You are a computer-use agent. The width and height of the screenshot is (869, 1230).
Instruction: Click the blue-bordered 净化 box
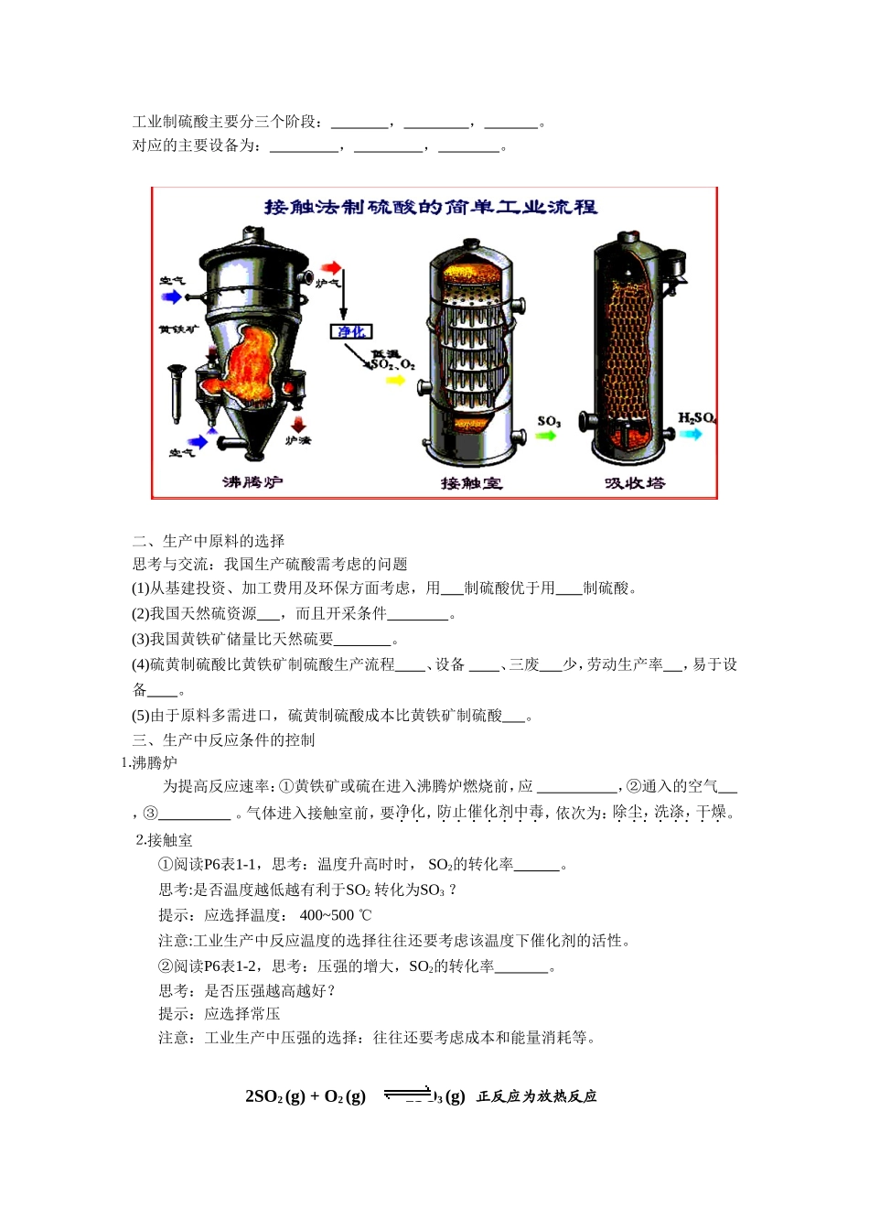coord(351,331)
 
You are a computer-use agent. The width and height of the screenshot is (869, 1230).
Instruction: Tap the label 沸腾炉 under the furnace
coord(252,481)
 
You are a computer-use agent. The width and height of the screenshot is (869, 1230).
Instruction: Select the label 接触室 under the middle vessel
coord(471,482)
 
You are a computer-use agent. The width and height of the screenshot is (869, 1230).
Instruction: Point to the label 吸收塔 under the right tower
coord(635,482)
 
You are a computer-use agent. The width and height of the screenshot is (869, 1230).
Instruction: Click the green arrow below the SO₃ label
coord(546,436)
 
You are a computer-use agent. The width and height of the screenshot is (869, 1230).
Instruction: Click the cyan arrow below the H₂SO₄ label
coord(692,434)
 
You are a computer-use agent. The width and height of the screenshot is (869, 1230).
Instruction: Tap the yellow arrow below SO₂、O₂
coord(395,379)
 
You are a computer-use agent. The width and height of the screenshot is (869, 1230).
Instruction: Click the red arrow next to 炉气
coord(331,268)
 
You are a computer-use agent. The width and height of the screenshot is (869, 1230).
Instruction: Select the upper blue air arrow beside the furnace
coord(171,297)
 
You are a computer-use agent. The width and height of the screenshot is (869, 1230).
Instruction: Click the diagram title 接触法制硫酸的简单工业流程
coord(431,207)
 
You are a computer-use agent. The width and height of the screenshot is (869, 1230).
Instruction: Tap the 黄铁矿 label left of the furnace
coord(177,329)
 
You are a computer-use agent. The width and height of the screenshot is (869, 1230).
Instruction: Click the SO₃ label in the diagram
coord(549,421)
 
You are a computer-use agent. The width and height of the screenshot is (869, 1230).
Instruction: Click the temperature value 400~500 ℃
coord(336,915)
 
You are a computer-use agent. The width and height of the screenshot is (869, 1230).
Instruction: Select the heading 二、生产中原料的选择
coord(209,541)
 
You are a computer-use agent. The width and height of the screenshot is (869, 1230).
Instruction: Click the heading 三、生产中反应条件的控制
coord(223,739)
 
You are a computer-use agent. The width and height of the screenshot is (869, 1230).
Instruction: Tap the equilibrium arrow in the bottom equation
coord(407,1093)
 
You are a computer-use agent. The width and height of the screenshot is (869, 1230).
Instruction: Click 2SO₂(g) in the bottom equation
coord(274,1096)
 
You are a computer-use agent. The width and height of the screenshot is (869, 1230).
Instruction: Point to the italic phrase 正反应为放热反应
coord(536,1096)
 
